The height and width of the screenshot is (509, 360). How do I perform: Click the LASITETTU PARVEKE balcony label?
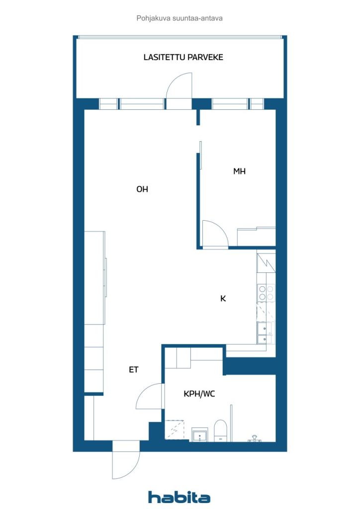tap(183, 58)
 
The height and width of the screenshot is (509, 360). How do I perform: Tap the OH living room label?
tap(142, 189)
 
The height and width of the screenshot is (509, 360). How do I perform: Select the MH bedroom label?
tap(240, 171)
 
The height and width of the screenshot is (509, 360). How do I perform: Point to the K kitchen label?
tap(223, 298)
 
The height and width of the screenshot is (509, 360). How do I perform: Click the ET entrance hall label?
tap(134, 369)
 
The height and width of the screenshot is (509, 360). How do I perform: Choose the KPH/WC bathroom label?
tap(199, 394)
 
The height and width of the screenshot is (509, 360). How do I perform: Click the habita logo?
tap(179, 497)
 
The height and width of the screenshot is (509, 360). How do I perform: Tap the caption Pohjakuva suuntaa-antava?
tap(180, 18)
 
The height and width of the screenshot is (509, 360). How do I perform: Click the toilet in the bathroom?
tap(221, 431)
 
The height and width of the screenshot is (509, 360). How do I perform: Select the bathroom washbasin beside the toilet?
tap(199, 435)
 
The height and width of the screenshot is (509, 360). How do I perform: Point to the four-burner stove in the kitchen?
tap(266, 292)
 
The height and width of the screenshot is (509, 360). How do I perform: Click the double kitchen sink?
tap(265, 333)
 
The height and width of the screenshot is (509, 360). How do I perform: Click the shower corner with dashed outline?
tap(175, 430)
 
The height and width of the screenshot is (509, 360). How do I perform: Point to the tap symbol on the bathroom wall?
tap(255, 438)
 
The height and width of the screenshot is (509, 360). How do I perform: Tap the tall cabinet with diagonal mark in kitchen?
tap(266, 262)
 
